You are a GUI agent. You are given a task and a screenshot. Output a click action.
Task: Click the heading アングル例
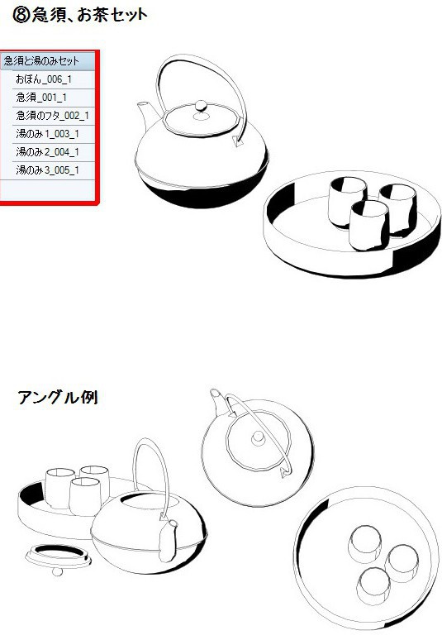58,398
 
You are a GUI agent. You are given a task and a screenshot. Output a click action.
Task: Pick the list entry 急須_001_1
40,98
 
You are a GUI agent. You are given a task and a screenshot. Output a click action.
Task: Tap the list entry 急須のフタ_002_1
52,116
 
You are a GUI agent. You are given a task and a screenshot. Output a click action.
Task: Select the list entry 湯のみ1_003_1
47,134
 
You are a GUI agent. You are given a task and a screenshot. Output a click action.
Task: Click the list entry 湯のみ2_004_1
47,152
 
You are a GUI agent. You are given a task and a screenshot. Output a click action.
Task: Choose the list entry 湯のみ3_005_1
47,170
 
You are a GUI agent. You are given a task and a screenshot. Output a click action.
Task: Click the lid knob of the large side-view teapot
199,107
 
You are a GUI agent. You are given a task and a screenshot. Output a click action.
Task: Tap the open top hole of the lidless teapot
135,502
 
